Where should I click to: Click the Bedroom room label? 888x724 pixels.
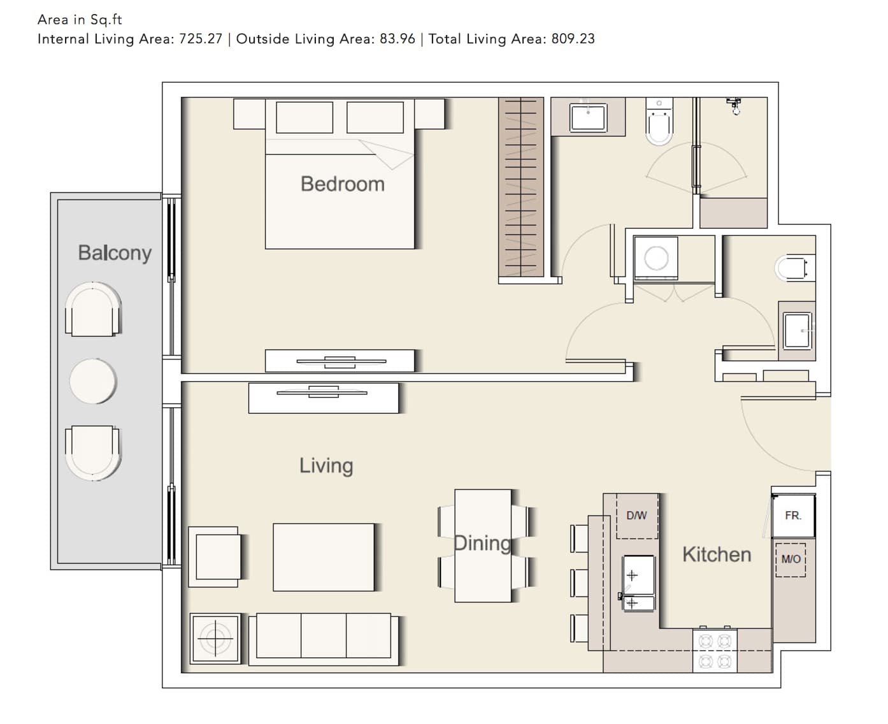point(342,184)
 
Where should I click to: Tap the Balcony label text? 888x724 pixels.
point(115,253)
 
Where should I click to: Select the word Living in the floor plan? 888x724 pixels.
point(326,466)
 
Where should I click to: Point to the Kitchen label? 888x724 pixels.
point(717,554)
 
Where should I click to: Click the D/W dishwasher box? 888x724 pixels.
point(637,516)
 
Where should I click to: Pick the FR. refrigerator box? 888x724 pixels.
point(793,516)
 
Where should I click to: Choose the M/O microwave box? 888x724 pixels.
point(791,560)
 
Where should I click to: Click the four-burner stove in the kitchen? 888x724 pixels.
point(715,651)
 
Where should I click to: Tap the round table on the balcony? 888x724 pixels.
point(92,381)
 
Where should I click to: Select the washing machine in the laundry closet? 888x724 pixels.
point(655,258)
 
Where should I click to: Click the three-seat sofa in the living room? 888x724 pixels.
point(324,639)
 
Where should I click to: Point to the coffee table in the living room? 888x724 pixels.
point(324,557)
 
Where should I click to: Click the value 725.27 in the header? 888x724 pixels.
point(201,39)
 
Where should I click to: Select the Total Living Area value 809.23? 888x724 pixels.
point(573,39)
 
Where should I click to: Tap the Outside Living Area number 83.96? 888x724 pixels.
point(397,39)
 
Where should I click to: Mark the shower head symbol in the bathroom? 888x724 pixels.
point(734,106)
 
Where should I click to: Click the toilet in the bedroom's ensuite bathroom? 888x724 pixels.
point(659,122)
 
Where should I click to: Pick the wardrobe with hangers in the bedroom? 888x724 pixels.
point(521,187)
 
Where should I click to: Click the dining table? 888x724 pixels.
point(483,546)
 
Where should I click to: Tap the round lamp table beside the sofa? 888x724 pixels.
point(215,639)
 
